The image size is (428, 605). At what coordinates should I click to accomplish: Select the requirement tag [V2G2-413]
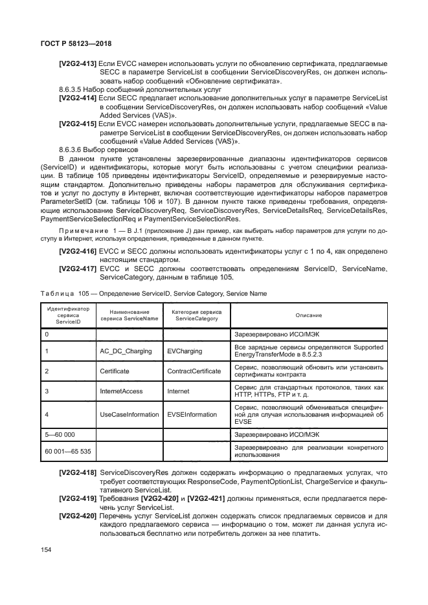coord(78,63)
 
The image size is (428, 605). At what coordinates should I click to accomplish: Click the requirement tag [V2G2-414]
coord(78,97)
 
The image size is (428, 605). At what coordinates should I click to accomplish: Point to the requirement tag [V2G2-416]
coord(78,251)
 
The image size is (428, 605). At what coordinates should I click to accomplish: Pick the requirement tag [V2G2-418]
coord(78,473)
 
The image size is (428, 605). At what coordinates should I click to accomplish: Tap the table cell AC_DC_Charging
coord(126,351)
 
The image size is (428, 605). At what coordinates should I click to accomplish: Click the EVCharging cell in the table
coord(184,351)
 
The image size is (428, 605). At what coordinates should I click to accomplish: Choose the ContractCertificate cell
coord(194,371)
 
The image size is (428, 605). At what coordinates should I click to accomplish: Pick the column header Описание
coord(309,315)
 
